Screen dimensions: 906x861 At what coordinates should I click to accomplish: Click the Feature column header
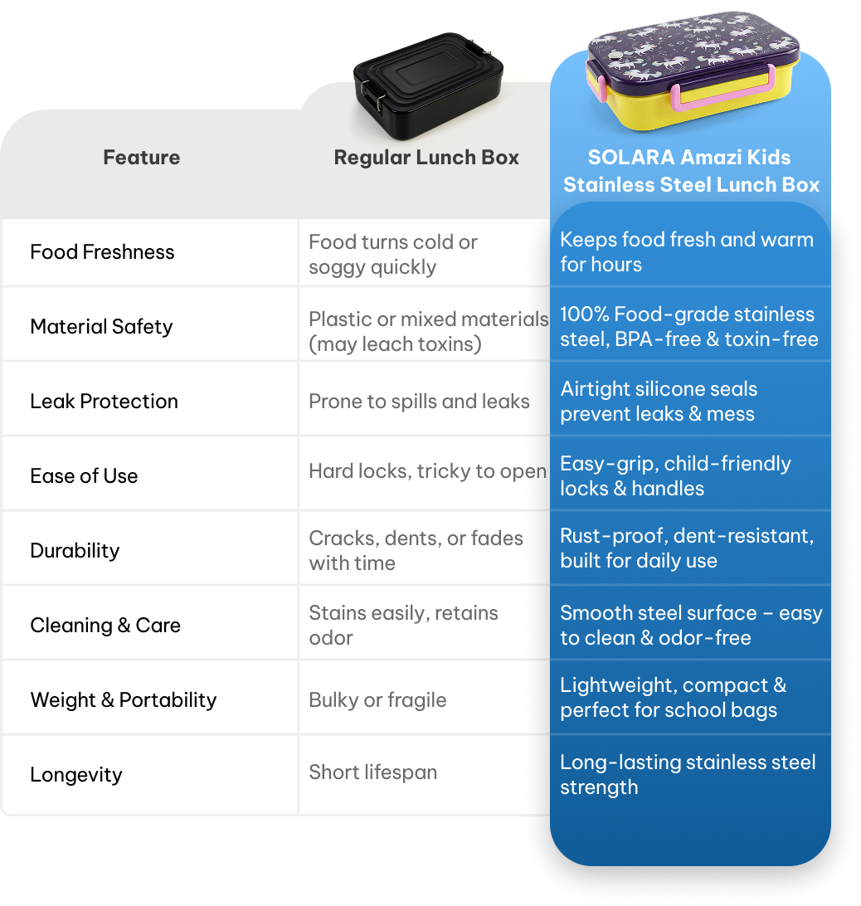(141, 158)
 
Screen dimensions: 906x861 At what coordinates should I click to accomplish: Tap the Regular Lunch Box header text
(426, 158)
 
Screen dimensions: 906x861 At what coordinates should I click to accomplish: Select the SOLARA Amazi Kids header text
(691, 171)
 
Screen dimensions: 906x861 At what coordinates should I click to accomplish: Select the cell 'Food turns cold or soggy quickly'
(393, 255)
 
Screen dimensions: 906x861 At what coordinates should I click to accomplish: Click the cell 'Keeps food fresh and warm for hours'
(686, 252)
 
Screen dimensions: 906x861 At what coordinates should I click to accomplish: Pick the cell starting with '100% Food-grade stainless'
(688, 327)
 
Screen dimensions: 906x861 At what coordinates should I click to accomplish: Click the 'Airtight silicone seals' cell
(659, 402)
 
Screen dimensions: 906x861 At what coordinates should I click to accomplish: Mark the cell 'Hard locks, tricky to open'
(426, 471)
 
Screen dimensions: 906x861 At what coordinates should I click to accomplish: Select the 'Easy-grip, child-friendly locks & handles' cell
(675, 475)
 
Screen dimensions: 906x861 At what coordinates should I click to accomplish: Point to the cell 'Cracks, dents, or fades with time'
(415, 550)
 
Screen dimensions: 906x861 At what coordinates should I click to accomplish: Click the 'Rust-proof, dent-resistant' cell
(687, 548)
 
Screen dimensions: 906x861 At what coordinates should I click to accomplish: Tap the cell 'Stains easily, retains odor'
(403, 625)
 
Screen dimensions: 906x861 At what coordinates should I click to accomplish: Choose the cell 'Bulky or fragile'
(377, 700)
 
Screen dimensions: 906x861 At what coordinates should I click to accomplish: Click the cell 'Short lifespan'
(372, 772)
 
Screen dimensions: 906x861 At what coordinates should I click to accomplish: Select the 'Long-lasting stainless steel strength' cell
(688, 774)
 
